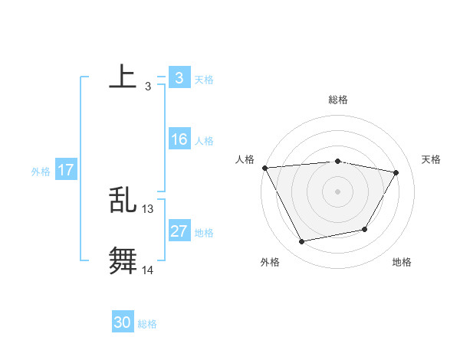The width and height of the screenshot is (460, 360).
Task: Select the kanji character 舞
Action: (x=123, y=260)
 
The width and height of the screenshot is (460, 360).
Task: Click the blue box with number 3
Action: (x=179, y=77)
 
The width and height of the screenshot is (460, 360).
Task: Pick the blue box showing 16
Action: (x=179, y=139)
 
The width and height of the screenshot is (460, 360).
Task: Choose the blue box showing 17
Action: (x=66, y=170)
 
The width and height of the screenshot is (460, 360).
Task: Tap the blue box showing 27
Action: (x=179, y=231)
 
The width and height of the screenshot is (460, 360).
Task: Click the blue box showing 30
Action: (x=123, y=322)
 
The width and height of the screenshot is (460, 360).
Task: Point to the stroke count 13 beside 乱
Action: (x=148, y=208)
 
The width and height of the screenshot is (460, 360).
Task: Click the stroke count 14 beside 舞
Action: (x=148, y=270)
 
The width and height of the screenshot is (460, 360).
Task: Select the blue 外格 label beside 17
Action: (x=41, y=172)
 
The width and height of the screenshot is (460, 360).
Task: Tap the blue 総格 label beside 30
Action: (x=147, y=324)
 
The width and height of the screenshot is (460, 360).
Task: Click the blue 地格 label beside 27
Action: (x=204, y=233)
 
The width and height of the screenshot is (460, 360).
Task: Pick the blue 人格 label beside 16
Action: (x=204, y=141)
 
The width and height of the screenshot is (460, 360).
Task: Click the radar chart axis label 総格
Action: (x=337, y=100)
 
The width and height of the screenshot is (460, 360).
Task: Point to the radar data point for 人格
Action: (x=264, y=168)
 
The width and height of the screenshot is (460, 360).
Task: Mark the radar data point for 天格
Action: (x=396, y=172)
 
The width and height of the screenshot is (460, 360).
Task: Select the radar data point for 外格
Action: (x=302, y=242)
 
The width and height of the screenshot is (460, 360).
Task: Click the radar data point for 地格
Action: (x=365, y=229)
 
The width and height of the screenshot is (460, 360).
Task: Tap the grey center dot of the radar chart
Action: (x=337, y=191)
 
